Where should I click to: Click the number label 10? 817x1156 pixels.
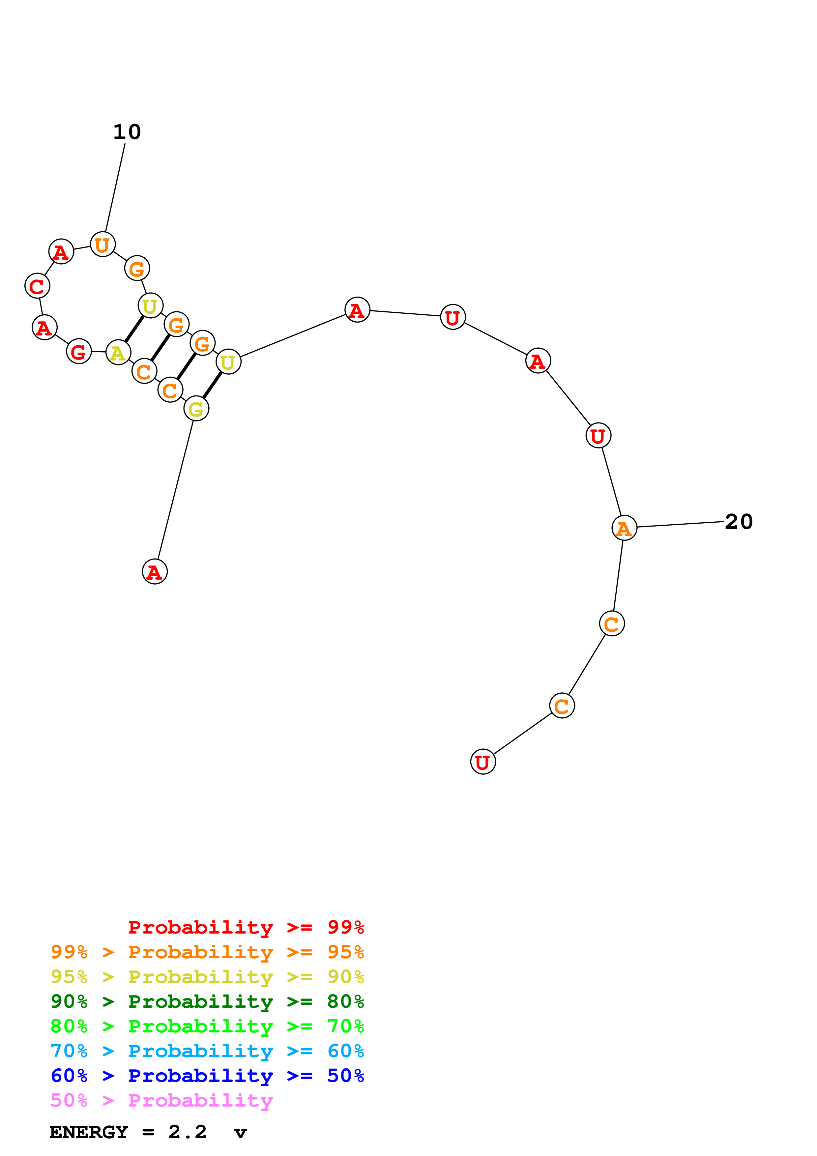click(x=127, y=132)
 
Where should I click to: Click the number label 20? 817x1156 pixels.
click(x=739, y=522)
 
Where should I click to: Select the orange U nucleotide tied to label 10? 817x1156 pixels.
click(x=103, y=245)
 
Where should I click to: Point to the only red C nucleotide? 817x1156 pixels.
click(x=37, y=286)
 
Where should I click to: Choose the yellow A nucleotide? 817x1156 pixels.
click(x=118, y=353)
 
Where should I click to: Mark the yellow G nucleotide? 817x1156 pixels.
click(x=196, y=409)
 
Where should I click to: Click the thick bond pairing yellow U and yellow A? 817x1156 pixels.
click(x=134, y=329)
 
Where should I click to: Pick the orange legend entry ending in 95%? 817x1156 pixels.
click(x=207, y=952)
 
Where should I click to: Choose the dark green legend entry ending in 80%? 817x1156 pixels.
click(x=207, y=1001)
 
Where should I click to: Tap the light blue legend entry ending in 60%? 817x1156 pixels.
click(x=207, y=1051)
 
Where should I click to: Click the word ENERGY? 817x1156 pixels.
click(x=89, y=1132)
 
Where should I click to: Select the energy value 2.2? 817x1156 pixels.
click(x=187, y=1132)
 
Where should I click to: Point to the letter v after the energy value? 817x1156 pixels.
click(x=241, y=1133)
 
